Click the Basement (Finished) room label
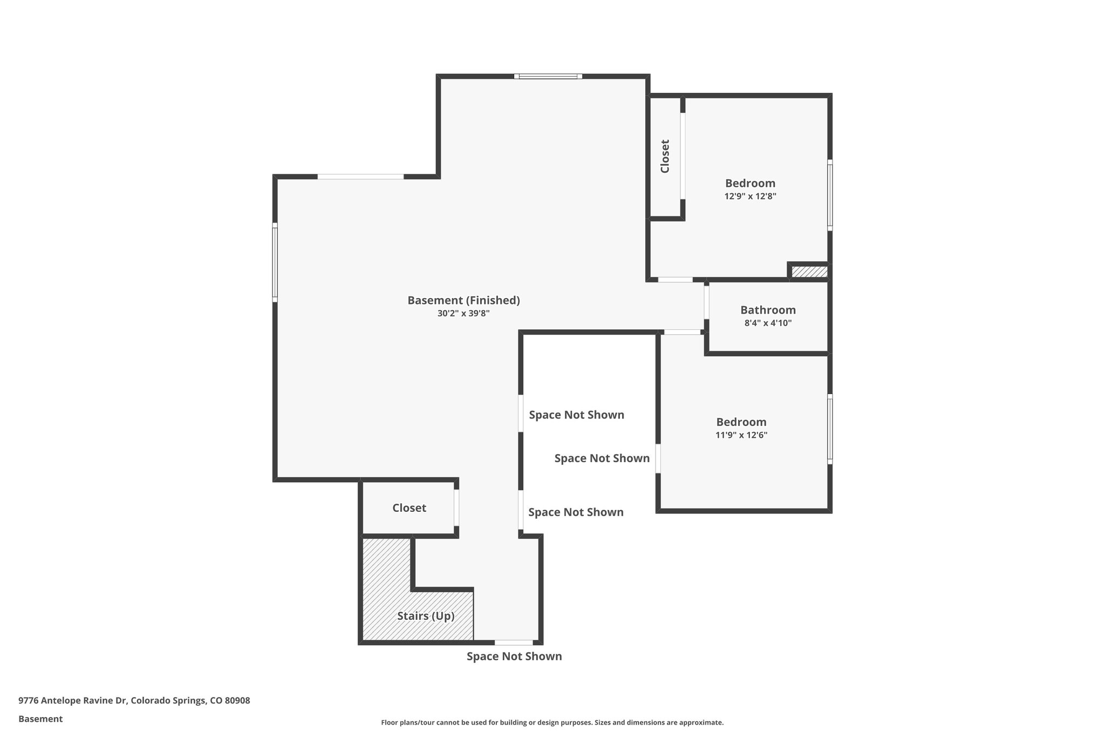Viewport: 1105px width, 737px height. (x=463, y=300)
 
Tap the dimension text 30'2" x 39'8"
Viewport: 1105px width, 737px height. (x=463, y=313)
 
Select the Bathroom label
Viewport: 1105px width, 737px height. (x=768, y=310)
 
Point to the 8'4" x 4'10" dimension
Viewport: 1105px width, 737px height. (x=768, y=323)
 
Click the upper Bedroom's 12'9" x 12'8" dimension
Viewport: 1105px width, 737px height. (x=750, y=196)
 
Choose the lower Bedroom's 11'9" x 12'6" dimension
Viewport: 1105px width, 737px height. (x=741, y=435)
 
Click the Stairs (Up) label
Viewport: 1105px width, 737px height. (x=426, y=616)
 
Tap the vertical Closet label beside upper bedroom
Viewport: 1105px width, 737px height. (x=665, y=157)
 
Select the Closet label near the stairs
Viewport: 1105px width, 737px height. (x=409, y=508)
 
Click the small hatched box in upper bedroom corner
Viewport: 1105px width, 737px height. (x=809, y=272)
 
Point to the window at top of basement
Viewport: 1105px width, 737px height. (x=548, y=76)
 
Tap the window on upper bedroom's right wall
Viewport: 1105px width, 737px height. (x=830, y=195)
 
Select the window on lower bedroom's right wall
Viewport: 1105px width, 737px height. (x=830, y=429)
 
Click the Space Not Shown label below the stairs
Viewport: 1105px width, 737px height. (x=514, y=656)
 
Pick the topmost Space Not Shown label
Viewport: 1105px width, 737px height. (x=576, y=415)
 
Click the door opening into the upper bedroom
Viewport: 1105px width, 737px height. (x=675, y=280)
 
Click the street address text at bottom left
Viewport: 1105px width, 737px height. (x=134, y=700)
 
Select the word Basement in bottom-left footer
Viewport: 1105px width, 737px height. (x=40, y=719)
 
